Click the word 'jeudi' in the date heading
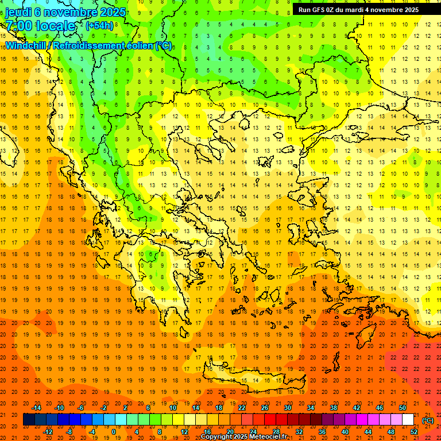[x=18, y=12]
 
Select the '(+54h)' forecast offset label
[x=99, y=26]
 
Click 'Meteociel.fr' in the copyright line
[x=268, y=437]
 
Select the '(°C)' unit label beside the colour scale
[x=427, y=420]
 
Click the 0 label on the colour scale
[x=113, y=432]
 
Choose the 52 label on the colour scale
[x=414, y=432]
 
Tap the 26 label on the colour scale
[x=265, y=408]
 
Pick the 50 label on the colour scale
[x=403, y=408]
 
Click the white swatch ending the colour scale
[x=408, y=420]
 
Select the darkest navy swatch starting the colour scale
[x=29, y=420]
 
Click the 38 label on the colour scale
[x=334, y=408]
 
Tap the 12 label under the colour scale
[x=184, y=432]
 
